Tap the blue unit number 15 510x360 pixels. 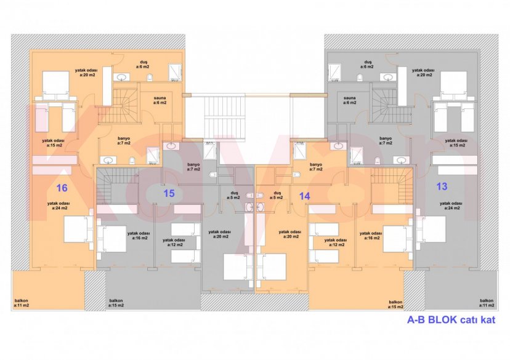[x=169, y=193]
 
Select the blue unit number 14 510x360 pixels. [x=304, y=196]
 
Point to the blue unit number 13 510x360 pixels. [x=442, y=186]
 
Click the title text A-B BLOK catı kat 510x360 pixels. [x=451, y=320]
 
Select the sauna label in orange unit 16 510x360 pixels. [x=160, y=100]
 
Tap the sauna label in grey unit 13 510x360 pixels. [x=350, y=100]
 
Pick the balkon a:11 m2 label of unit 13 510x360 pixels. [x=488, y=303]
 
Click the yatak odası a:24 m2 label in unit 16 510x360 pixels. [x=60, y=205]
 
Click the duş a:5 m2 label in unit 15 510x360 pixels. [x=233, y=196]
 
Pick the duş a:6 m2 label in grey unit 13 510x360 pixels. [x=368, y=64]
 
